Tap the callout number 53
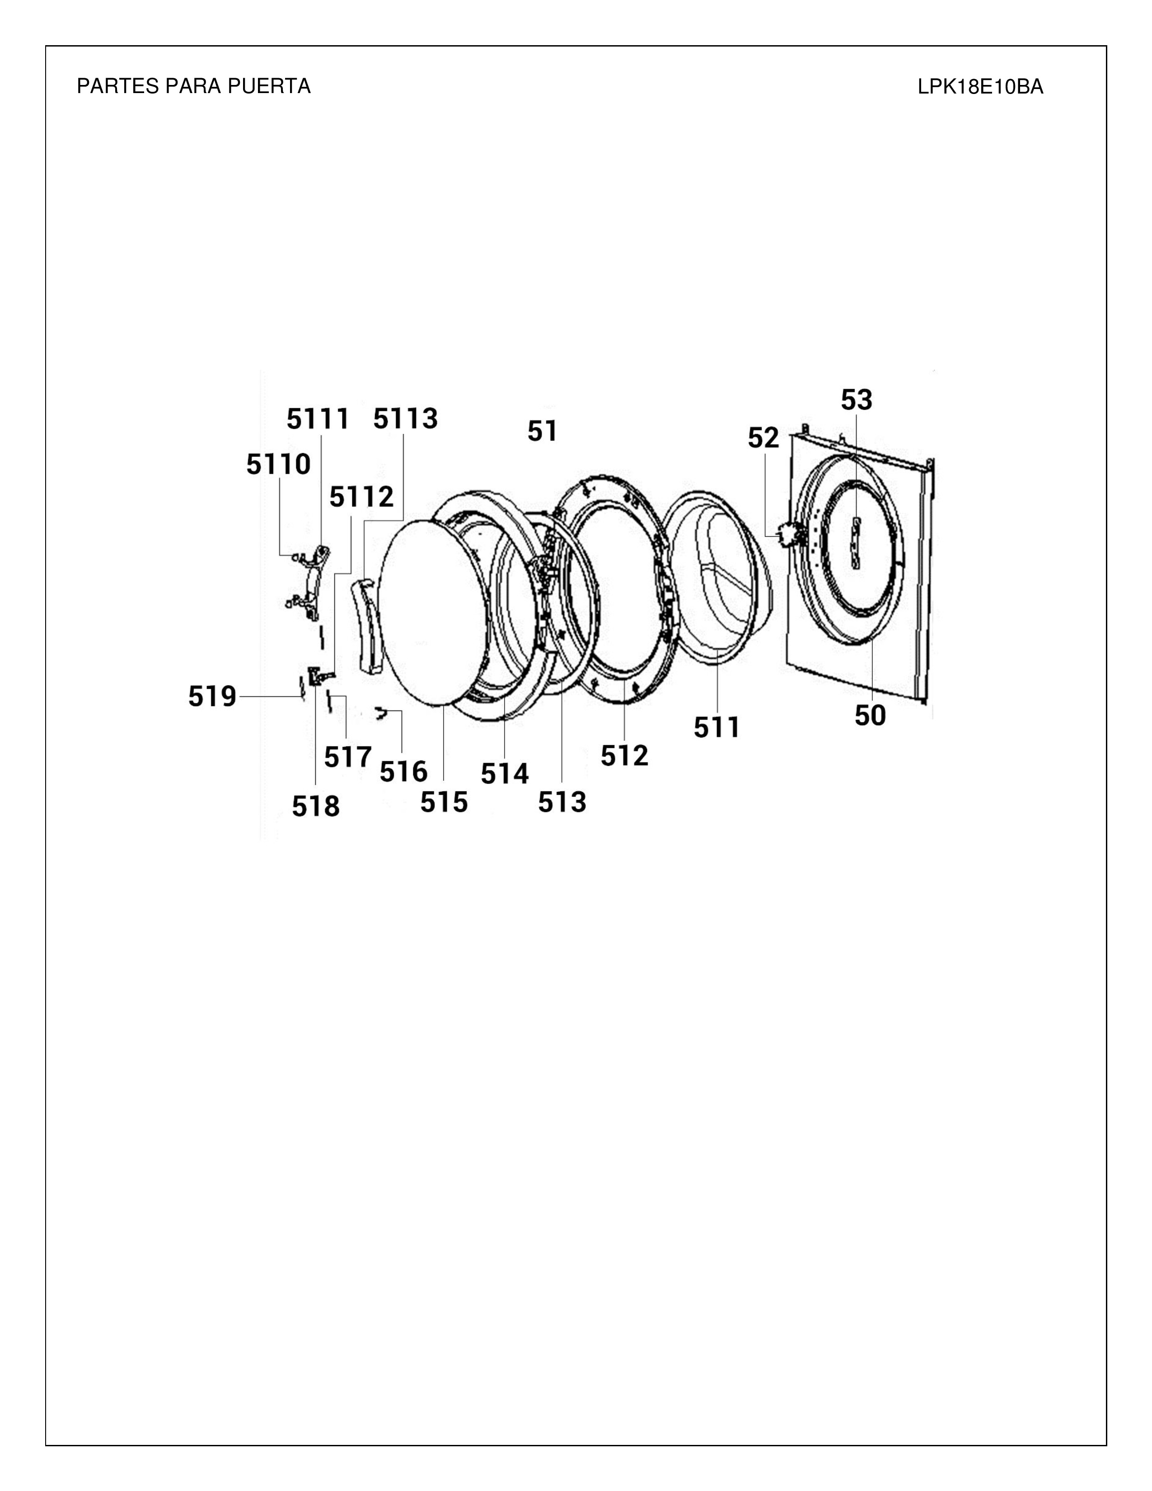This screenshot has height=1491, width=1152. pyautogui.click(x=857, y=400)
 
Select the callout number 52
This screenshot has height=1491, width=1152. pyautogui.click(x=763, y=438)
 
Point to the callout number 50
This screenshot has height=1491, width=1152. pyautogui.click(x=870, y=716)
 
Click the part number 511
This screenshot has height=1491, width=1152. pyautogui.click(x=716, y=728)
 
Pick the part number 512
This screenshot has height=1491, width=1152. pyautogui.click(x=624, y=756)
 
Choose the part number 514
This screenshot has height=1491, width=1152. pyautogui.click(x=504, y=774)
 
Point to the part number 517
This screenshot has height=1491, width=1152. pyautogui.click(x=347, y=757)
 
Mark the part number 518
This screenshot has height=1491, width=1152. pyautogui.click(x=315, y=807)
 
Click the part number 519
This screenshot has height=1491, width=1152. pyautogui.click(x=212, y=696)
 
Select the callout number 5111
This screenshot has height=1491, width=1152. pyautogui.click(x=318, y=419)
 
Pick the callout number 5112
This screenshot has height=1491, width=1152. pyautogui.click(x=362, y=497)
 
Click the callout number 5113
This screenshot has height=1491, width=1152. pyautogui.click(x=405, y=418)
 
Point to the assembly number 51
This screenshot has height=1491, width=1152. pyautogui.click(x=543, y=431)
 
